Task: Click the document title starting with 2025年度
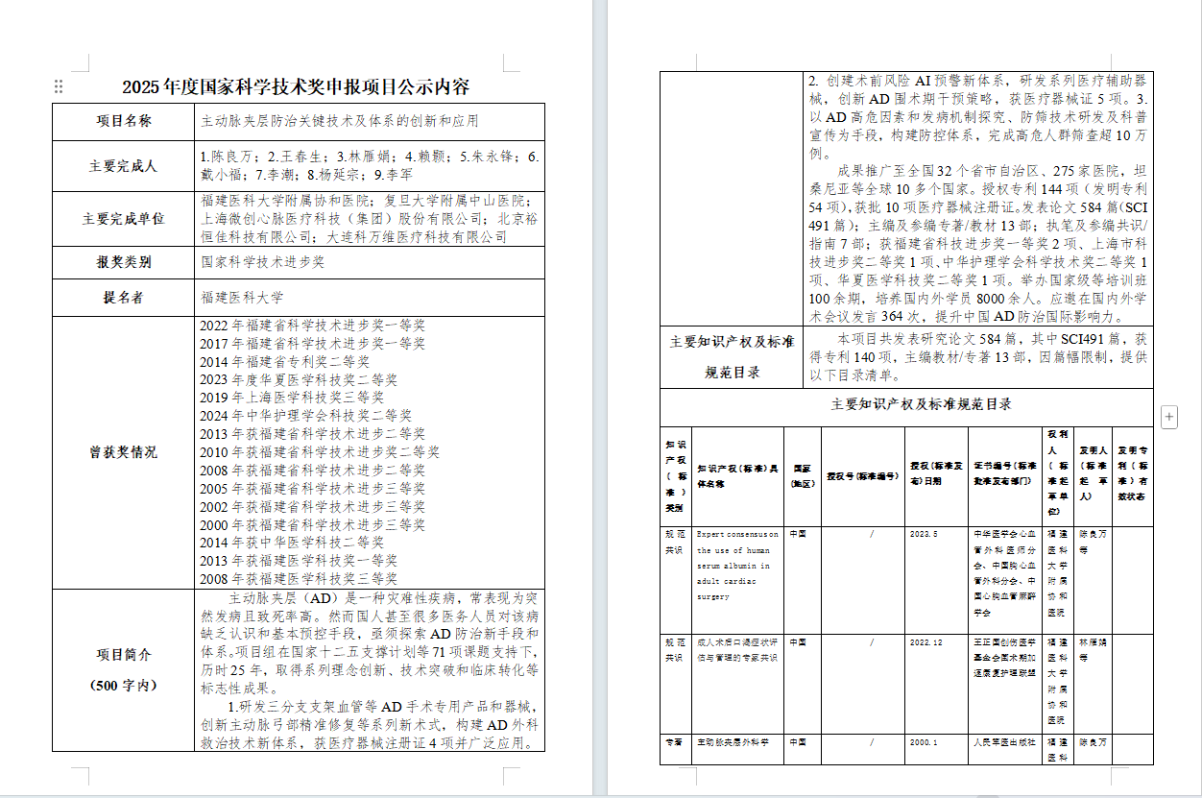point(296,87)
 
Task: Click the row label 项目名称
point(123,122)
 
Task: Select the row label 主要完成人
point(123,165)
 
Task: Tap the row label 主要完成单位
point(123,218)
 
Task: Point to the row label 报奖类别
point(123,261)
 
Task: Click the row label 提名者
point(123,298)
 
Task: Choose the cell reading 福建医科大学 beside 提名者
point(242,298)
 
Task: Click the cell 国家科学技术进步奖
point(262,261)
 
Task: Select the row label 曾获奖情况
point(123,452)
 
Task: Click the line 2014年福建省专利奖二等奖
point(284,362)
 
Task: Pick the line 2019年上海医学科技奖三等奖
point(292,398)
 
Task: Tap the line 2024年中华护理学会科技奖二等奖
point(305,416)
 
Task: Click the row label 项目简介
point(123,654)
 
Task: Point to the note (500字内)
point(123,685)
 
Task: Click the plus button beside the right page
point(1169,416)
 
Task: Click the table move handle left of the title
point(59,86)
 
